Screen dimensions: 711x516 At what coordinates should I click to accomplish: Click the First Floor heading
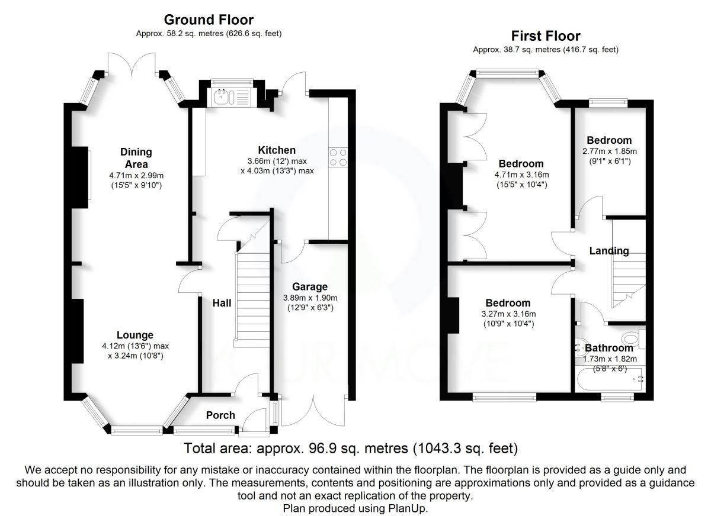click(545, 36)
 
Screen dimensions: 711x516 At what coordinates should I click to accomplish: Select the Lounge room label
click(134, 335)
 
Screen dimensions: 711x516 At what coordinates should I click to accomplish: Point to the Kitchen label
click(277, 150)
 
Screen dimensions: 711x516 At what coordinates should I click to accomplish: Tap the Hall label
click(222, 303)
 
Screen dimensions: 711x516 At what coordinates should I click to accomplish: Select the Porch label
click(220, 415)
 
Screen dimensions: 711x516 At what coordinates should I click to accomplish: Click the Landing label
click(609, 251)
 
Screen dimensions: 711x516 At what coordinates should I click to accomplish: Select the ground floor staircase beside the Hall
click(253, 296)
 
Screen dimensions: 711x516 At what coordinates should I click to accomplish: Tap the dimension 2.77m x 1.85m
click(609, 151)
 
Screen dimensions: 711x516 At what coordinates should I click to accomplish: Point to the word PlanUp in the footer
click(409, 508)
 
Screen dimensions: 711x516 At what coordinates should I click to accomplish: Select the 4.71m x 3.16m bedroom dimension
click(521, 175)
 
